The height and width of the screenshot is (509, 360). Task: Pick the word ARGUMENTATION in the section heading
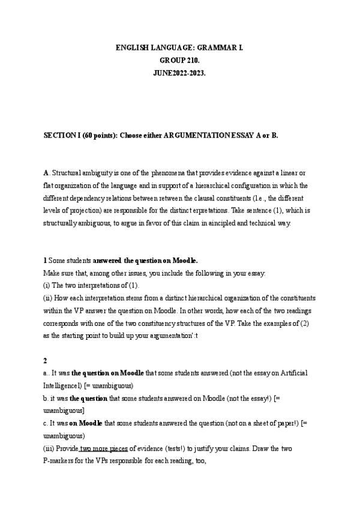click(202, 136)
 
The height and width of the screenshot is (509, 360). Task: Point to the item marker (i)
click(47, 284)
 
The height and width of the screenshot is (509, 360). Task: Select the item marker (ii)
click(49, 298)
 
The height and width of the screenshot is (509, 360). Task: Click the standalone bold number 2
click(45, 361)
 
